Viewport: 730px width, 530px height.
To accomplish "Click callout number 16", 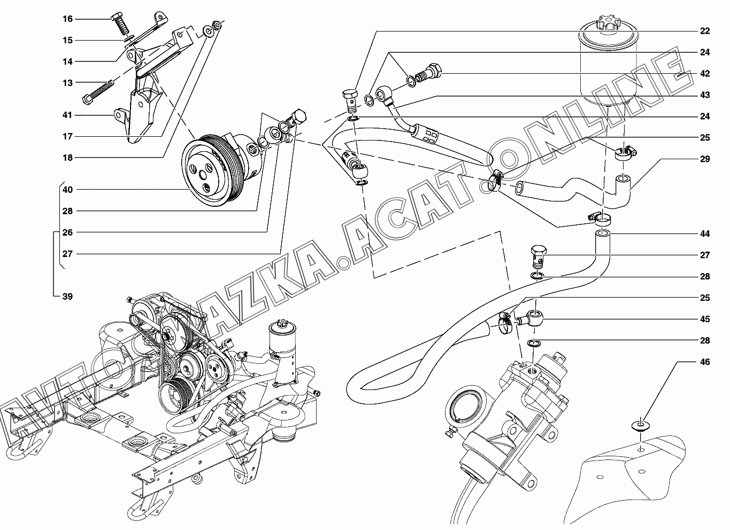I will pyautogui.click(x=67, y=19).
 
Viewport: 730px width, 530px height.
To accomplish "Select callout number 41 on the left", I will pyautogui.click(x=67, y=115).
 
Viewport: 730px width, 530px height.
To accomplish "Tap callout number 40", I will pyautogui.click(x=67, y=190).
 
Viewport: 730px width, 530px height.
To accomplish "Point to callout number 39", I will pyautogui.click(x=67, y=297).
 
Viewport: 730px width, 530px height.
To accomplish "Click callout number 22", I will pyautogui.click(x=705, y=31).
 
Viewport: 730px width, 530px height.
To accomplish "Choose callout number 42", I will pyautogui.click(x=705, y=74).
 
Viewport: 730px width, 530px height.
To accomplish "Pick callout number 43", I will pyautogui.click(x=705, y=95).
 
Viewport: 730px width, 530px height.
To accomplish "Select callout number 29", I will pyautogui.click(x=705, y=159).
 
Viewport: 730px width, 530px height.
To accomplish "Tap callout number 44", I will pyautogui.click(x=705, y=233).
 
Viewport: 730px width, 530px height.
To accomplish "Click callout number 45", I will pyautogui.click(x=705, y=319).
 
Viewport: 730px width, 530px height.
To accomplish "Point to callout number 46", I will pyautogui.click(x=705, y=362).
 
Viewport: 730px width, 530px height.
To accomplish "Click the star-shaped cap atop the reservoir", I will pyautogui.click(x=608, y=23).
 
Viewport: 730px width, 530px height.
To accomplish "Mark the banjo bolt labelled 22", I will pyautogui.click(x=349, y=99).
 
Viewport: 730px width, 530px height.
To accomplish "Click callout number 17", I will pyautogui.click(x=67, y=136).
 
